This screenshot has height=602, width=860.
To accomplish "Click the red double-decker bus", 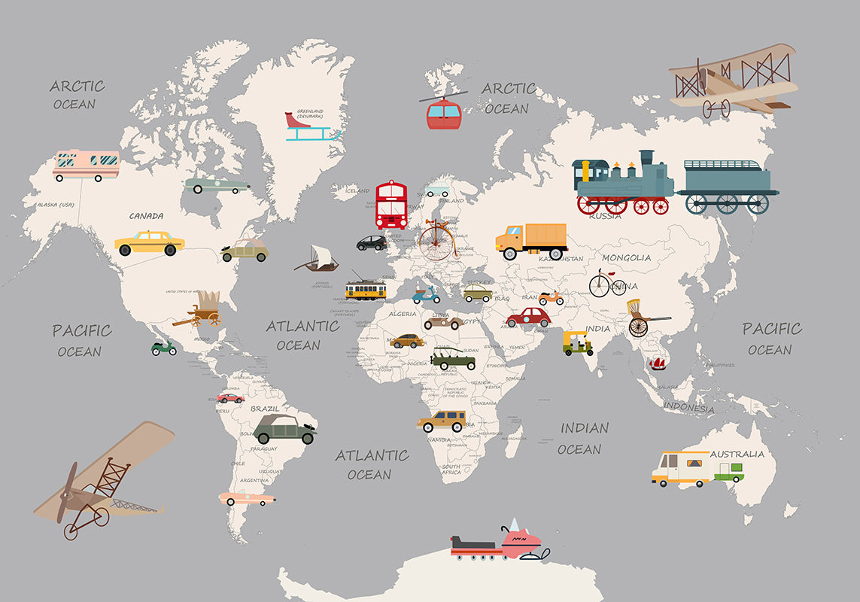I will (391, 205).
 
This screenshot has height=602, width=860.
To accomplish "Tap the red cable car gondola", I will (444, 114).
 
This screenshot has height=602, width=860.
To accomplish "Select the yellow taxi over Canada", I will (150, 243).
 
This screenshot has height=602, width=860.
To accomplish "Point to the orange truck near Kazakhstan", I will (531, 240).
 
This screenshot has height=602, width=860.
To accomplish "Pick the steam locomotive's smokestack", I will (646, 159).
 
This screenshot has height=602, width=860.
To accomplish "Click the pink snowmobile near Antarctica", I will (520, 543).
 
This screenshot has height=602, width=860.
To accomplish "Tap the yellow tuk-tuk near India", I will (577, 343).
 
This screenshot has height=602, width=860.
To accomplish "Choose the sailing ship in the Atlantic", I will (318, 258).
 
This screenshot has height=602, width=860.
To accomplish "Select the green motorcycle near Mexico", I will (164, 348).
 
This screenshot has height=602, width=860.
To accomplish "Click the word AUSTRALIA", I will (737, 454).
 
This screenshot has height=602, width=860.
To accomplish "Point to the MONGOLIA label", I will (626, 258).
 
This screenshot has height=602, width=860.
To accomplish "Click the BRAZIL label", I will (265, 409).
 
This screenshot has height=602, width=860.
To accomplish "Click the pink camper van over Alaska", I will (87, 164).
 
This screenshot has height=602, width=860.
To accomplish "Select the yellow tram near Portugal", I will (366, 290).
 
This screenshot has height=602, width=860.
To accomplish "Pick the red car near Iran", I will (528, 317).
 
